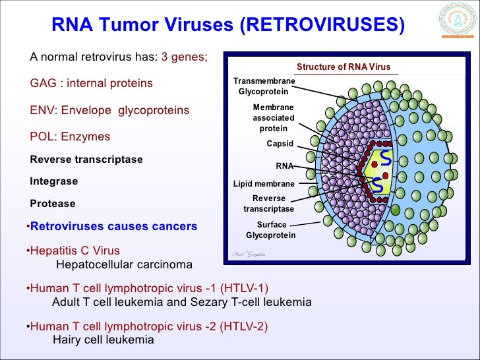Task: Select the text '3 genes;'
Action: click(x=184, y=57)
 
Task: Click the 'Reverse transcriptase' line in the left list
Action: click(x=86, y=160)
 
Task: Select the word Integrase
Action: click(x=54, y=181)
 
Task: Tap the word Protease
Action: click(x=53, y=204)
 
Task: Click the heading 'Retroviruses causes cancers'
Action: click(x=113, y=226)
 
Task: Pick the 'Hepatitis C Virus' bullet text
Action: click(x=75, y=251)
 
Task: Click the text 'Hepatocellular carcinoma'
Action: click(x=125, y=264)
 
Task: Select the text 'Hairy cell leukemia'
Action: click(x=102, y=340)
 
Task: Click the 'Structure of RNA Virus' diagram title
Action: click(x=344, y=67)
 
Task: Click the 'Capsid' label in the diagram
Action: click(x=280, y=143)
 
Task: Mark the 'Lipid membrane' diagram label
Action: click(x=264, y=184)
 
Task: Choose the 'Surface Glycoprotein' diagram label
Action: click(x=271, y=230)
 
